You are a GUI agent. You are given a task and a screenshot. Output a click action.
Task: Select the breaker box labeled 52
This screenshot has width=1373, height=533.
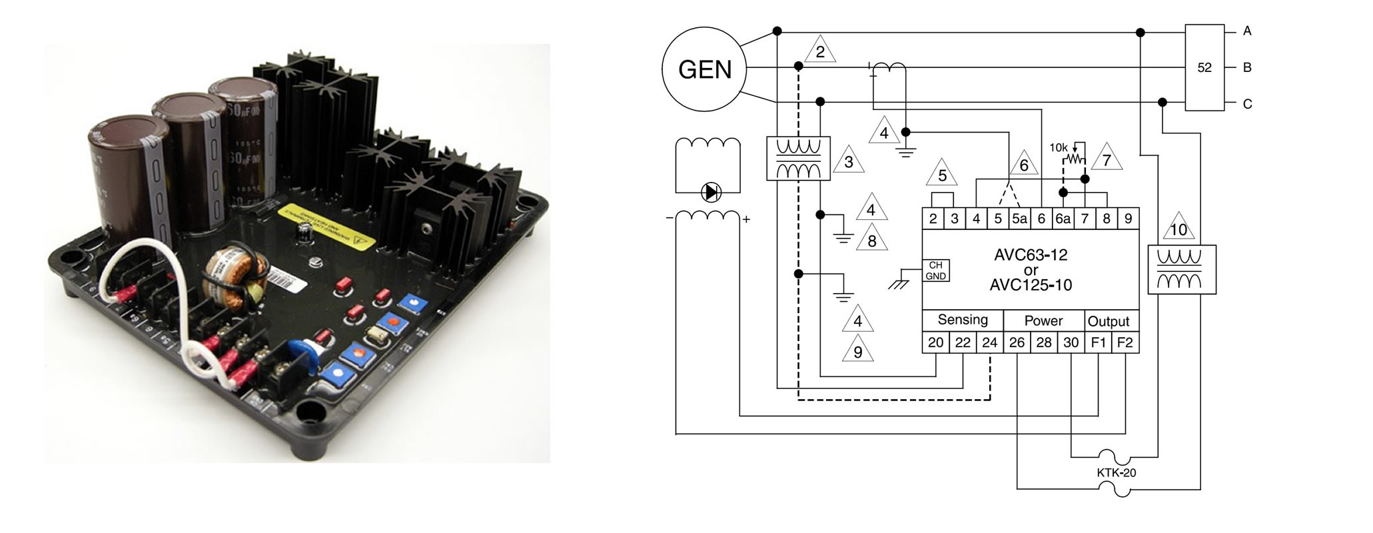coord(1204,67)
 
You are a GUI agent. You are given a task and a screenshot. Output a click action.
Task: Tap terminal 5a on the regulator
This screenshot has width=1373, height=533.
coord(1019,219)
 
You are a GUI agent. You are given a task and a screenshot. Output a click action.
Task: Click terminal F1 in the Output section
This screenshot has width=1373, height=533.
coord(1098,342)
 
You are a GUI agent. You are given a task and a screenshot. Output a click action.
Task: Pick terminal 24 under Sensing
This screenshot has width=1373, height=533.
coord(989,342)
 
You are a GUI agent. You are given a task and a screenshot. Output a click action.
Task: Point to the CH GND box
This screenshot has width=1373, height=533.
coord(935,270)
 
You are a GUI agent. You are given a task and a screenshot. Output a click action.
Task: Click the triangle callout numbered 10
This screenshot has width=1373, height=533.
coord(1178,229)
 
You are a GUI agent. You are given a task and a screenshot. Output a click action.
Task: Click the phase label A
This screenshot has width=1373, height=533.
coord(1247,31)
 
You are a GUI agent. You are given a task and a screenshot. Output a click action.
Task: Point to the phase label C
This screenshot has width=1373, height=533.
coord(1247,104)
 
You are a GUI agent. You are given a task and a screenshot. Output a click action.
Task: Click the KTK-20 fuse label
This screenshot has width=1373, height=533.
coord(1117,473)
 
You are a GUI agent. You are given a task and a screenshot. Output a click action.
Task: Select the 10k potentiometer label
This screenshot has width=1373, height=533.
coord(1059,147)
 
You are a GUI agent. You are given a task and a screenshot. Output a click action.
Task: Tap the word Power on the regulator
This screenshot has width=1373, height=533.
coord(1043,320)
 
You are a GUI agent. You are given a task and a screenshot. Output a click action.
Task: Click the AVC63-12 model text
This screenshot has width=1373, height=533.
coord(1031,255)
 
